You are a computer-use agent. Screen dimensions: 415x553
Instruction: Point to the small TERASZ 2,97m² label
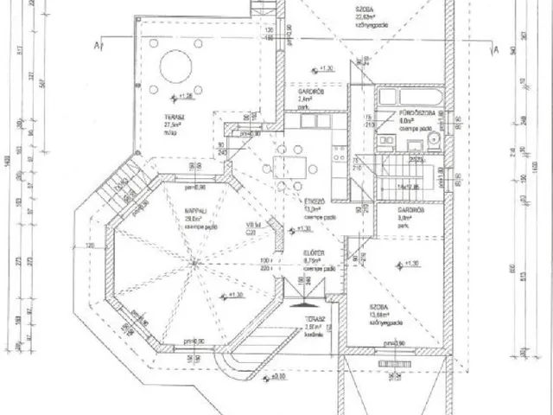click(x=314, y=323)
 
